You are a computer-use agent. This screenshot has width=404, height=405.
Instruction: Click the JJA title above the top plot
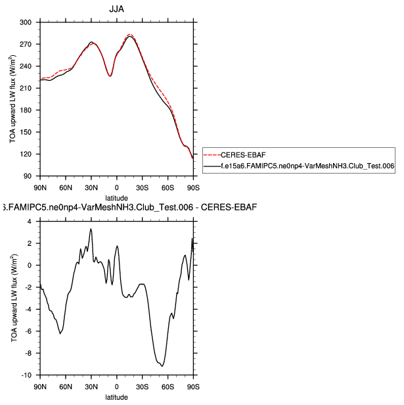[117, 8]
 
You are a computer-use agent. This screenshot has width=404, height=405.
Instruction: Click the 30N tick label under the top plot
[91, 185]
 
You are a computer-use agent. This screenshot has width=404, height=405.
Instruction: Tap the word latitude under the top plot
[117, 197]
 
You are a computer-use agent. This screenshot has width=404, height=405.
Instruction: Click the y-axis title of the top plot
[13, 99]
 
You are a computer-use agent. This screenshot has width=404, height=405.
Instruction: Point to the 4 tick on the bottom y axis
[30, 222]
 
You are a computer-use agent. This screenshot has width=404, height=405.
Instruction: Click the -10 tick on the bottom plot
[26, 375]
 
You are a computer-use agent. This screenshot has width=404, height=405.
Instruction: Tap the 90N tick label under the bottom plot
[41, 385]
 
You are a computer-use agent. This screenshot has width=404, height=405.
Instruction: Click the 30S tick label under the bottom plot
[143, 385]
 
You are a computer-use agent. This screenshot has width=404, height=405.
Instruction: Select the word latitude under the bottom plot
[117, 397]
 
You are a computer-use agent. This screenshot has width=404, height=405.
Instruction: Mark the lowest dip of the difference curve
[161, 366]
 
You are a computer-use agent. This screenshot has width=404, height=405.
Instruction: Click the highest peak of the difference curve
[91, 229]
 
